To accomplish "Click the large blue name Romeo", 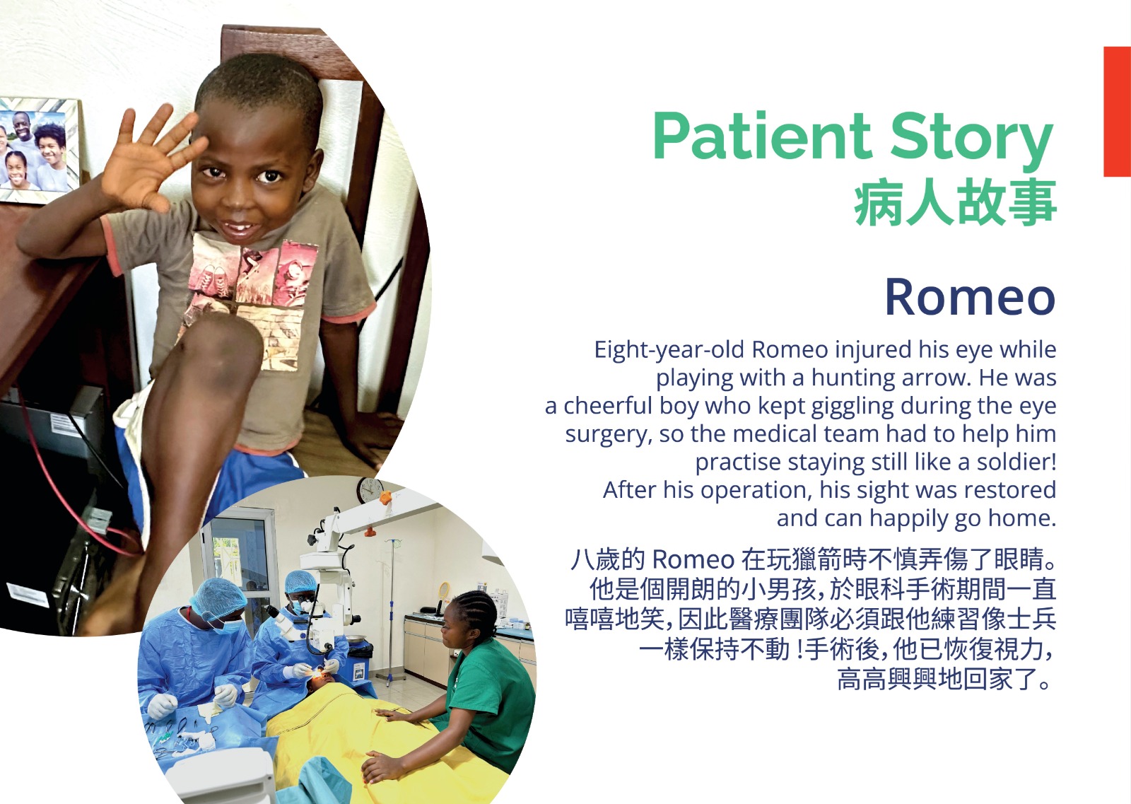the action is point(970,298).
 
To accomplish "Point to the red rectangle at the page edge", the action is point(1117,112).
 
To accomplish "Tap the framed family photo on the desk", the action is point(38,151).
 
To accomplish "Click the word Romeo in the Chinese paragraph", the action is point(693,559).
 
